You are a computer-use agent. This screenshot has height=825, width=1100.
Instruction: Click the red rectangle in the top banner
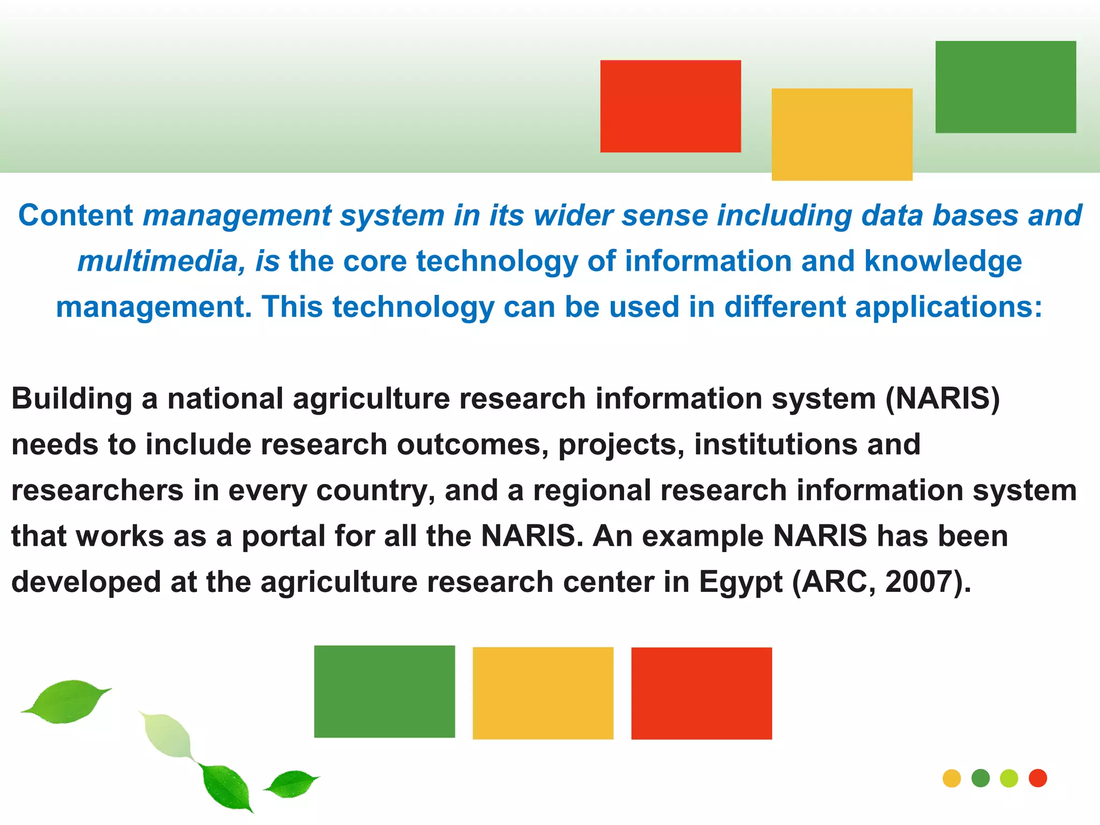click(670, 106)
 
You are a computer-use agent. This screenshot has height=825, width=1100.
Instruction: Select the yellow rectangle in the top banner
click(842, 134)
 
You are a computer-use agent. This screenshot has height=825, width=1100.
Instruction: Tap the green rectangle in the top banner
click(1005, 87)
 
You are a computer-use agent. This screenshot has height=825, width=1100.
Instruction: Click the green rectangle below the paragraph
click(385, 691)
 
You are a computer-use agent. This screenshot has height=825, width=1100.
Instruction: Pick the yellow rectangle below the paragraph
click(542, 693)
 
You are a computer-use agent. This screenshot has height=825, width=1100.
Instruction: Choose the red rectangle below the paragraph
click(701, 693)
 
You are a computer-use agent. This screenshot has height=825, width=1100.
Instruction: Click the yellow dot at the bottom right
click(952, 778)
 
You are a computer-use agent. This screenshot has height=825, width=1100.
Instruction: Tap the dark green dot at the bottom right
click(981, 778)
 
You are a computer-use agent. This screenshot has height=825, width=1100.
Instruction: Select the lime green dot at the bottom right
click(1009, 778)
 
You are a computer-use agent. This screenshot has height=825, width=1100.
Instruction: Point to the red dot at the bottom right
click(1038, 778)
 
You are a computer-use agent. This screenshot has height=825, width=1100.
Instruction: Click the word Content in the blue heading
click(75, 215)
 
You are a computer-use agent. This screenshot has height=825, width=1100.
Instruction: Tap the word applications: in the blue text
click(949, 307)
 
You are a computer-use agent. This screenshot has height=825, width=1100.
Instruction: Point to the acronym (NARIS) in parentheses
click(943, 399)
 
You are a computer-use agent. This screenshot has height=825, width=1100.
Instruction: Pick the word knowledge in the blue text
click(943, 262)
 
